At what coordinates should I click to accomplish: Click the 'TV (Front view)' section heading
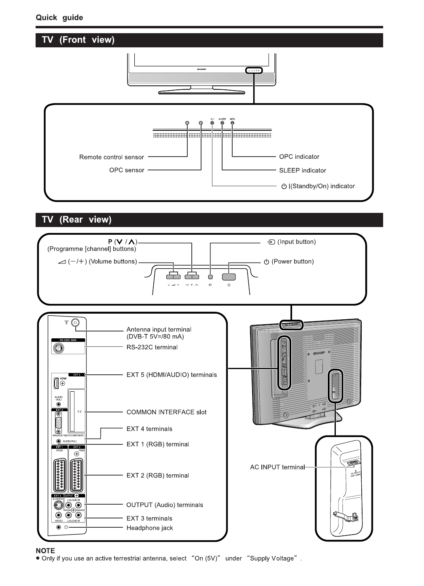[78, 40]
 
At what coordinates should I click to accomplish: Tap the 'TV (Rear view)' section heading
[76, 220]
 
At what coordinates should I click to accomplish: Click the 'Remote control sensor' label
[111, 157]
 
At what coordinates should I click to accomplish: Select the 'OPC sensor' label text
[126, 170]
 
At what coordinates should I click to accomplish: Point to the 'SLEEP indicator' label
[302, 170]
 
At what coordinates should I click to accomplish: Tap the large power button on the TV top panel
[229, 277]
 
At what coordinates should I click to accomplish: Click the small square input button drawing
[210, 277]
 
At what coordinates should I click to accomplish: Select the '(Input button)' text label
[296, 242]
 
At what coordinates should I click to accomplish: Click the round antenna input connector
[75, 323]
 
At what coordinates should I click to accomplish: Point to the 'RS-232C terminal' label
[152, 347]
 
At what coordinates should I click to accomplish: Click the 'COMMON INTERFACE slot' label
[166, 412]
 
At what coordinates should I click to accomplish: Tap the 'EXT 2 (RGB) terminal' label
[157, 476]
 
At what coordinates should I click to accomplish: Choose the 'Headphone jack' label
[149, 528]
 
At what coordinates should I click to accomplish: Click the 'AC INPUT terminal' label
[277, 467]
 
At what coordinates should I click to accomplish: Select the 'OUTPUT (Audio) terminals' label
[165, 505]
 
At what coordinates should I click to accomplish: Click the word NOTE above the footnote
[45, 551]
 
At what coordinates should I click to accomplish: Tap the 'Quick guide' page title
[59, 18]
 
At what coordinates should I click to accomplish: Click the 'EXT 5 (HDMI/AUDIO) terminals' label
[172, 375]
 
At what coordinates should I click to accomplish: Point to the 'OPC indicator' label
[299, 157]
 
